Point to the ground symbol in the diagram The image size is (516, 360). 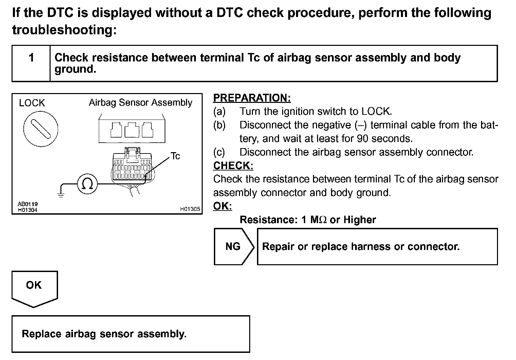click(x=61, y=195)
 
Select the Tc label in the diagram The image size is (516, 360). click(x=175, y=156)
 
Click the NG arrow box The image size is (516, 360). click(x=234, y=246)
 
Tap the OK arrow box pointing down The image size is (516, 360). click(x=34, y=287)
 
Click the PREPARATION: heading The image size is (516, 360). click(x=252, y=98)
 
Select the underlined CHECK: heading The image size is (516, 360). click(x=233, y=165)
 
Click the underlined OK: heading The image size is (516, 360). click(x=222, y=206)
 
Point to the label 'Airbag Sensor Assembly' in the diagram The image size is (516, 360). click(x=141, y=103)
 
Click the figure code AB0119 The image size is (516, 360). click(x=28, y=204)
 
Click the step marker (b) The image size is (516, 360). click(x=219, y=125)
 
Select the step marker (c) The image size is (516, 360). click(x=219, y=152)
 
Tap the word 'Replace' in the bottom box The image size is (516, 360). click(x=42, y=334)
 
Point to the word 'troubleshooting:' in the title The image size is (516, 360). click(x=64, y=30)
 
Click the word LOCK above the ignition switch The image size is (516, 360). click(x=32, y=103)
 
